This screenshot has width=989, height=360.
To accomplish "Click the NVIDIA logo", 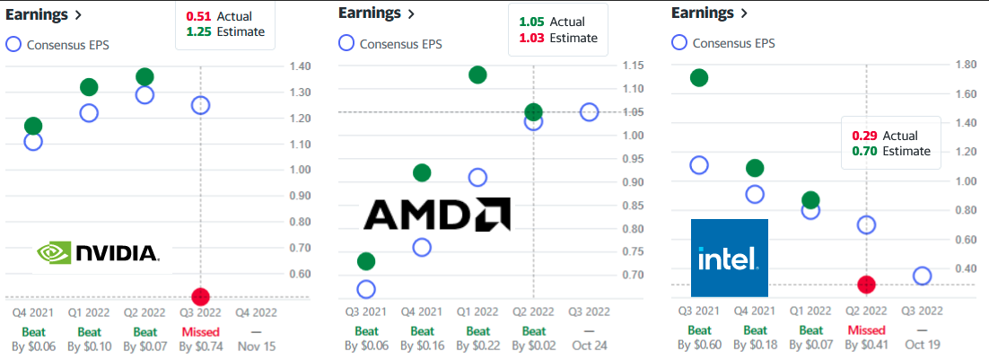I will click(96, 254).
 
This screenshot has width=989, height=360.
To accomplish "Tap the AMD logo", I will click(437, 215).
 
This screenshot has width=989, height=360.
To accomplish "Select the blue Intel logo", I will click(729, 259).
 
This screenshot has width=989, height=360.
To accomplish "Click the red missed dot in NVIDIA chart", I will click(200, 296).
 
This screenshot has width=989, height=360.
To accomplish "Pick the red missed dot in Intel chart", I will click(866, 285).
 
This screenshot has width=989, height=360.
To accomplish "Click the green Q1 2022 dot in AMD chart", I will click(477, 75).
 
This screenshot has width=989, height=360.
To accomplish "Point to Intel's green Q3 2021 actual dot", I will click(699, 78).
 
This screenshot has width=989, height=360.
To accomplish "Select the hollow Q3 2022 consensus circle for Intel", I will click(922, 276).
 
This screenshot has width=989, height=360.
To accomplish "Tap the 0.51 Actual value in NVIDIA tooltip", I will click(195, 16).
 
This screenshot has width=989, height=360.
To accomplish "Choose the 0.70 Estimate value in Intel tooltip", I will click(862, 151).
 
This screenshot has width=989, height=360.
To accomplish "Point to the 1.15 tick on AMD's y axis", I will click(633, 66).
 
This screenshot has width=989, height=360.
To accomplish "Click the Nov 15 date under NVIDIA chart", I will click(256, 345).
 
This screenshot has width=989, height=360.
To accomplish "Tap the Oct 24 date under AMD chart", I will click(589, 345).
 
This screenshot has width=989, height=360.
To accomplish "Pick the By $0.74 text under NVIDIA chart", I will click(200, 345).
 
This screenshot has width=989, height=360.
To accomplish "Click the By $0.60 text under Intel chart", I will click(699, 345).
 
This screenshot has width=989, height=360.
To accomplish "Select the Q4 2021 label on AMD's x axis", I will click(422, 312).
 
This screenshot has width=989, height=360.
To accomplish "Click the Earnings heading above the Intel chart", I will click(704, 13).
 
